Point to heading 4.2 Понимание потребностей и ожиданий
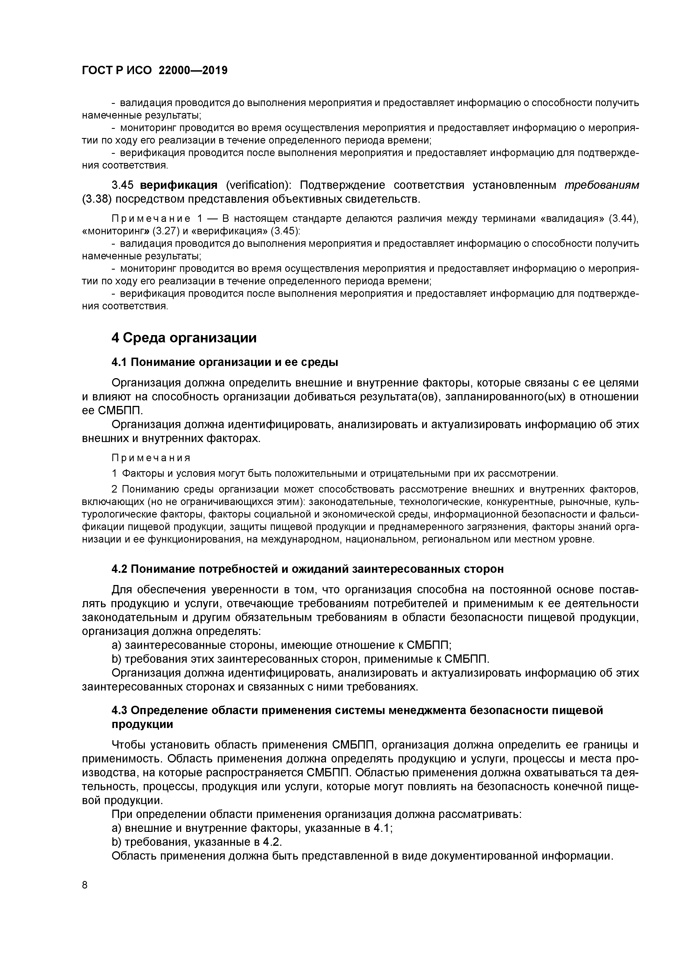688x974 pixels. point(307,569)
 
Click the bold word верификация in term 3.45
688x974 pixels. point(178,185)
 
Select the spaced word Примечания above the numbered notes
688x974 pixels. point(151,458)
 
